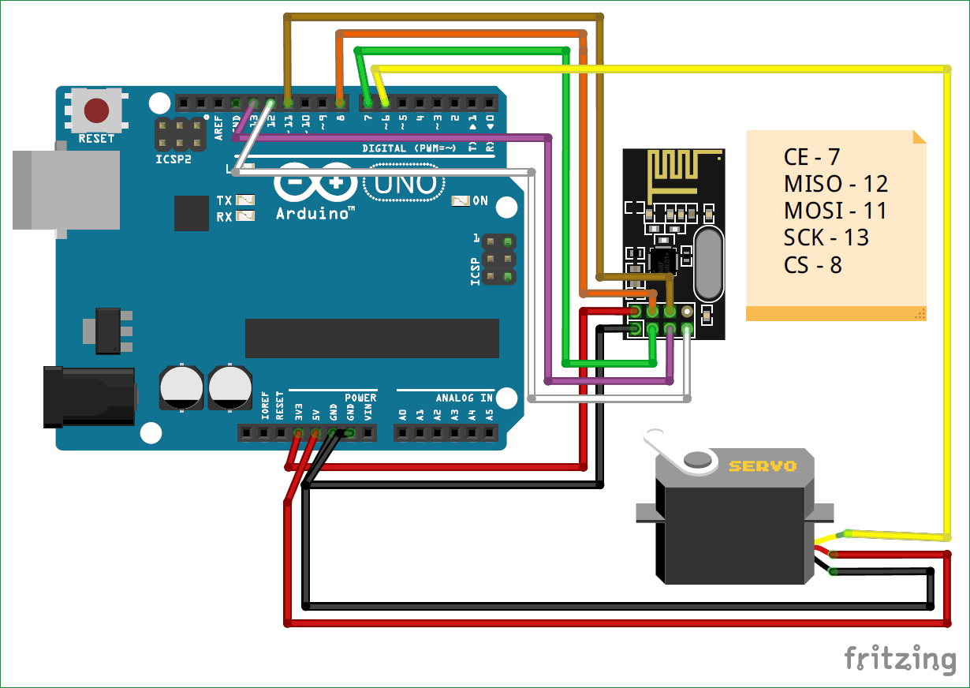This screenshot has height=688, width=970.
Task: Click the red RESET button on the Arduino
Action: click(x=96, y=110)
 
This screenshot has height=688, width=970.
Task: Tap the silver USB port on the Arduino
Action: click(x=66, y=189)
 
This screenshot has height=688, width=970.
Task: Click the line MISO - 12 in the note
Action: click(x=836, y=184)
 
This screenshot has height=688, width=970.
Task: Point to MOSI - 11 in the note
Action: click(x=835, y=211)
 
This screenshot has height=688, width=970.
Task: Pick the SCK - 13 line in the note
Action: click(x=826, y=237)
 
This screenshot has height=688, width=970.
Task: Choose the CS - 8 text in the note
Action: click(x=812, y=264)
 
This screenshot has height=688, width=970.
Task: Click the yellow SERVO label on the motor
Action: click(x=762, y=466)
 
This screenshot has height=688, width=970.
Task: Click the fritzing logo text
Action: click(x=900, y=659)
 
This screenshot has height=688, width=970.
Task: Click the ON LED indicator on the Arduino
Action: click(x=461, y=201)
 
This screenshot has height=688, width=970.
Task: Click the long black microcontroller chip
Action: click(x=371, y=338)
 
